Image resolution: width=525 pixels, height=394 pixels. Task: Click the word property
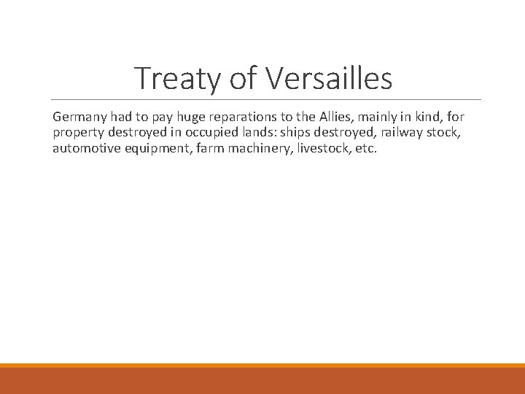click(79, 133)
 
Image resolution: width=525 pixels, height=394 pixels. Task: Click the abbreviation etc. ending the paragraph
click(367, 149)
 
